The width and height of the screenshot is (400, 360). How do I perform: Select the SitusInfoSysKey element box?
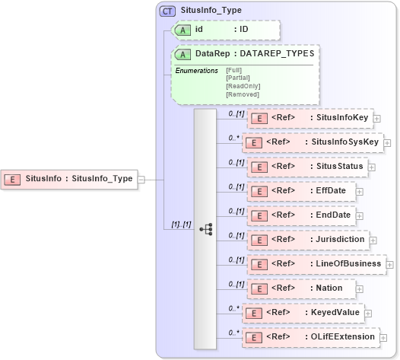tap(312, 142)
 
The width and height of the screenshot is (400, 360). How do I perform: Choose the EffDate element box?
tap(301, 190)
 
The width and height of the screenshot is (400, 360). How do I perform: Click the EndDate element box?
tap(302, 215)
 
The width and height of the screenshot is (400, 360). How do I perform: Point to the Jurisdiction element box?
tap(309, 240)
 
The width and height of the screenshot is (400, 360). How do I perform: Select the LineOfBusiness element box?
tap(315, 264)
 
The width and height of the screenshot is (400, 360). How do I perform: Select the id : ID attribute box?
tap(226, 30)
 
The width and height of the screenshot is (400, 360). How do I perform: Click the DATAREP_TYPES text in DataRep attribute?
tap(277, 55)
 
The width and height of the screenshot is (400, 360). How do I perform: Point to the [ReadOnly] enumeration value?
tap(243, 86)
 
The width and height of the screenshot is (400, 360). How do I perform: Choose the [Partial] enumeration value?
tap(238, 78)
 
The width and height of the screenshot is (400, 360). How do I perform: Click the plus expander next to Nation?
tap(359, 289)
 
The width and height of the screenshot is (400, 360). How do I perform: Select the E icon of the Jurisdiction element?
tap(259, 240)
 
